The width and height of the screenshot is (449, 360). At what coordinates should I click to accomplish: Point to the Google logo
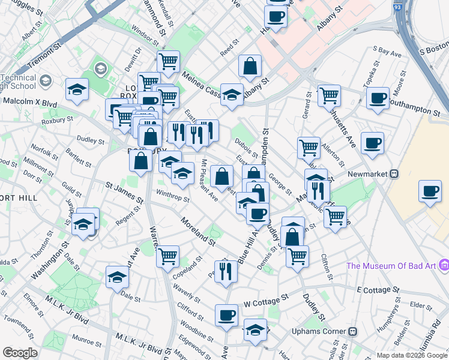click(x=20, y=353)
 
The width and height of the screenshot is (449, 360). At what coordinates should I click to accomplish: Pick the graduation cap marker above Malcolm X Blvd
click(x=76, y=90)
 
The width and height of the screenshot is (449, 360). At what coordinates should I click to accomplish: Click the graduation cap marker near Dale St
click(x=117, y=277)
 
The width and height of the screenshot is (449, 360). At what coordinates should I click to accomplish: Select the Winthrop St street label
click(x=172, y=197)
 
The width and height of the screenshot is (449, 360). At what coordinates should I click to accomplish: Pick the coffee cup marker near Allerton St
click(x=373, y=143)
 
